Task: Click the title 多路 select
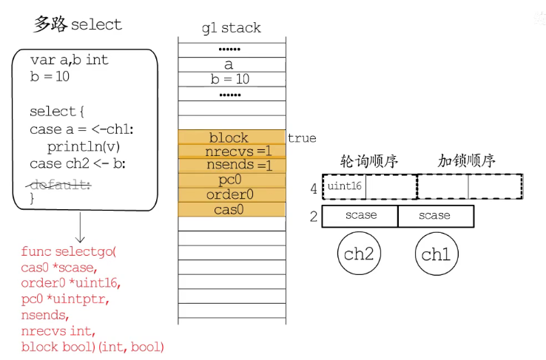[x=78, y=24]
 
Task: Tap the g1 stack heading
[x=232, y=28]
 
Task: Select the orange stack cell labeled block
[x=231, y=137]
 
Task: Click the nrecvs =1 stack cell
[x=231, y=152]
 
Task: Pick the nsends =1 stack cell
[x=231, y=166]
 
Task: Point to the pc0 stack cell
[x=231, y=180]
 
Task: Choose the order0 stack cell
[x=231, y=194]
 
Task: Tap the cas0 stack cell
[x=231, y=209]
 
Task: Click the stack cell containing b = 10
[x=231, y=79]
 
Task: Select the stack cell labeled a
[x=231, y=65]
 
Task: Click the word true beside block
[x=302, y=138]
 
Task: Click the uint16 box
[x=345, y=186]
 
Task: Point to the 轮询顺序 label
[x=370, y=160]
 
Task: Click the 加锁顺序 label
[x=466, y=160]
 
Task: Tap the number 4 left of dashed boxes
[x=314, y=189]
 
